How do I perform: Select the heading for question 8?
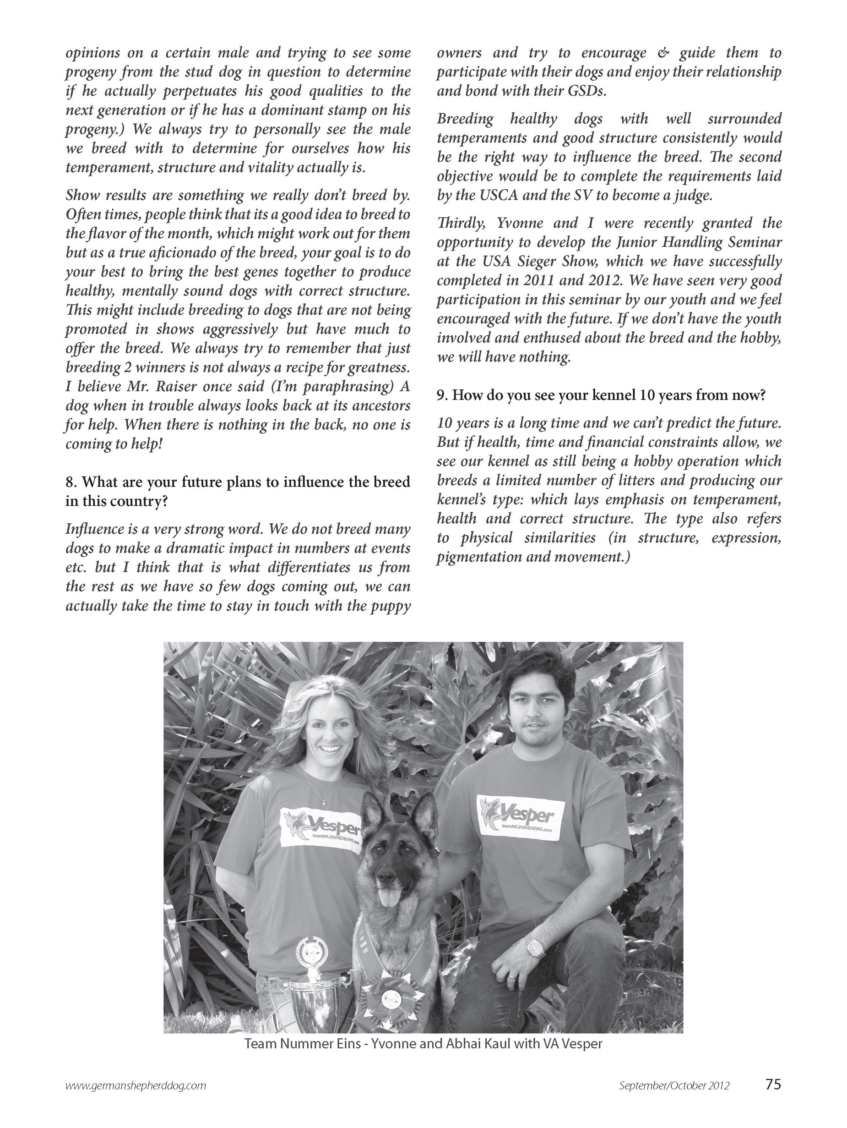(x=238, y=491)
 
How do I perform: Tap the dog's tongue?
(x=390, y=897)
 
